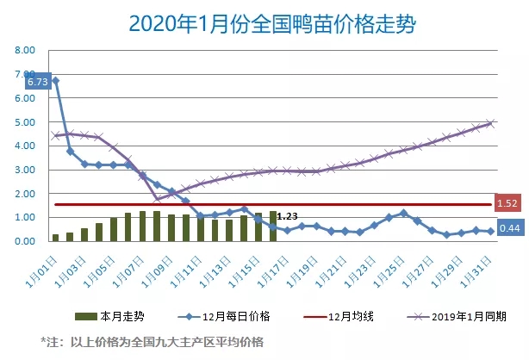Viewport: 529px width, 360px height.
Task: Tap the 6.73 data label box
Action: click(38, 82)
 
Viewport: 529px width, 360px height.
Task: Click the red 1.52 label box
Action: click(507, 204)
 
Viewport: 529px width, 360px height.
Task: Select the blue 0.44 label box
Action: click(507, 230)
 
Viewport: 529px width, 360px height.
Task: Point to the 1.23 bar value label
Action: click(288, 217)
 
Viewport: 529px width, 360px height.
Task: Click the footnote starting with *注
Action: click(151, 341)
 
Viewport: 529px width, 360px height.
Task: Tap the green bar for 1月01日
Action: click(55, 237)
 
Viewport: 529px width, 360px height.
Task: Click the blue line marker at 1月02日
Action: click(70, 152)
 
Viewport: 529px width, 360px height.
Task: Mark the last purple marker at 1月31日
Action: click(490, 123)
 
